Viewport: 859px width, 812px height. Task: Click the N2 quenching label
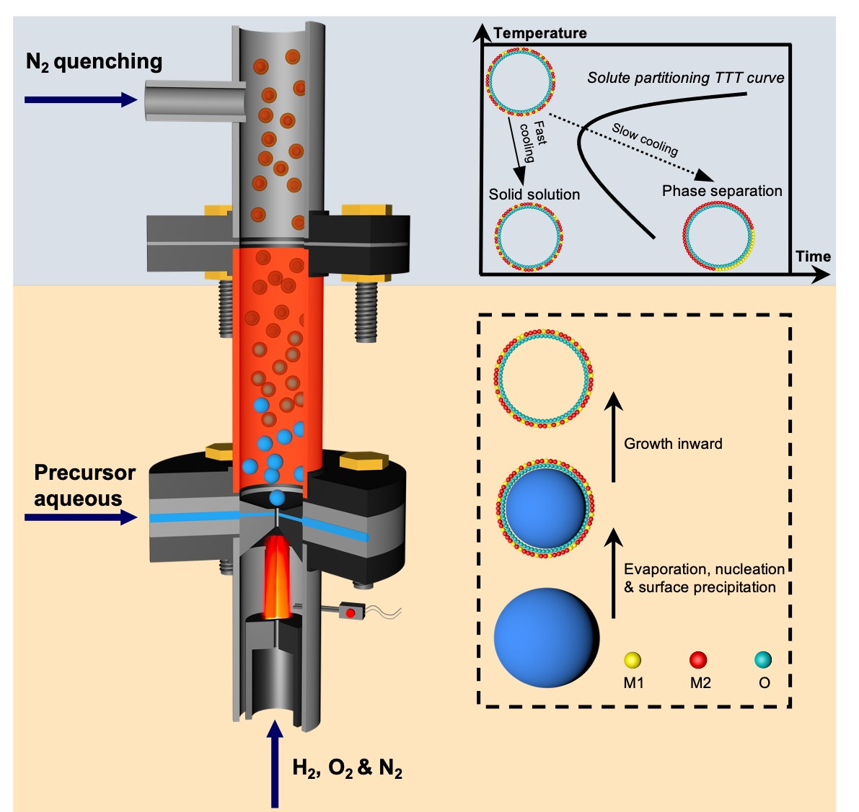coord(94,62)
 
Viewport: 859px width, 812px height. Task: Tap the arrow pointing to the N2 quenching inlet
coord(80,99)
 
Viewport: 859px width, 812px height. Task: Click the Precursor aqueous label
coord(84,486)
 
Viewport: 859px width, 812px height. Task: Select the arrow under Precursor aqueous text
coord(80,517)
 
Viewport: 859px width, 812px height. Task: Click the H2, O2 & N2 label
coord(347,768)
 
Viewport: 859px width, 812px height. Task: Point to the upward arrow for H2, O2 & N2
coord(274,764)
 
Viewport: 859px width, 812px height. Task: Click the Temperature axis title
coord(540,33)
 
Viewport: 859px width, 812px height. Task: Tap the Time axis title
coord(813,256)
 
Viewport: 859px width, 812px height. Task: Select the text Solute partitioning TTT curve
coord(685,78)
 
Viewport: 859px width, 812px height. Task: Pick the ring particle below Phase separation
coord(718,236)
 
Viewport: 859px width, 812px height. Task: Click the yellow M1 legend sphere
coord(633,659)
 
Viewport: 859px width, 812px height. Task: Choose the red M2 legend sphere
coord(698,659)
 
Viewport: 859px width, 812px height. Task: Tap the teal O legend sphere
coord(763,659)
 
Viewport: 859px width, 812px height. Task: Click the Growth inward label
coord(673,444)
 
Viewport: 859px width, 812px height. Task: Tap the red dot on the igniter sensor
coord(351,613)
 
